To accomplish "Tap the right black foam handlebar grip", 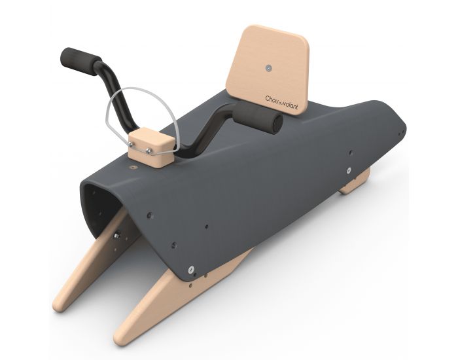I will pos(260,120).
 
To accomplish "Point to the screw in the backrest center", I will pos(268,66).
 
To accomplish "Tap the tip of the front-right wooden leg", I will pos(124,337).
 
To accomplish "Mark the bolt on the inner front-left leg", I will pos(116,234).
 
